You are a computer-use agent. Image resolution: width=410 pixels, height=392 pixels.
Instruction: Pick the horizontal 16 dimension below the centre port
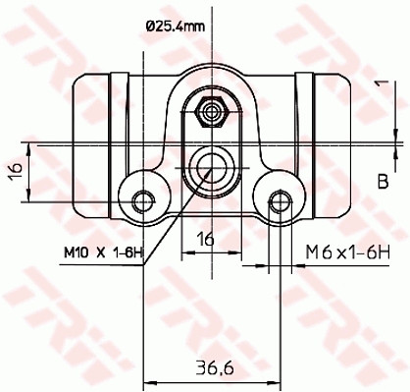click(207, 237)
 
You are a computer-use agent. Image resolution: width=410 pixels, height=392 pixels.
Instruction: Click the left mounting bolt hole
click(145, 200)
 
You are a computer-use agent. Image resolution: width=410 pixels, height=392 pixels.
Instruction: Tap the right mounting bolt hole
click(279, 201)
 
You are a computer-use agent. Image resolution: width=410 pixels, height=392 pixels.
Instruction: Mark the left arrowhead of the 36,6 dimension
click(149, 380)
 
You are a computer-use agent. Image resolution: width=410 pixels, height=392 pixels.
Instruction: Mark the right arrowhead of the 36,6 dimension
click(275, 380)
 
